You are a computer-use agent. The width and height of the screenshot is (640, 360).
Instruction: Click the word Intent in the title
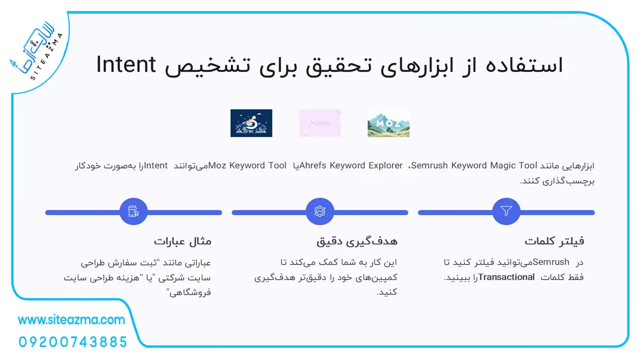click(x=126, y=65)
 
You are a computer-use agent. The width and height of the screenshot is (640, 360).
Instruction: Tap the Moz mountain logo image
click(x=388, y=123)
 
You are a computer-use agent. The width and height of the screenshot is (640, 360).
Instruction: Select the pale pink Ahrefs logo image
click(x=319, y=123)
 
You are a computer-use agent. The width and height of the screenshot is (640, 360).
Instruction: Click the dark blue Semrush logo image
click(x=251, y=123)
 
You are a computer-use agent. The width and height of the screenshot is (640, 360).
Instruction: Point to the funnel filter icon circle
click(x=506, y=211)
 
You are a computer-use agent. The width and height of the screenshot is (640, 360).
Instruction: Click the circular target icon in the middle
click(x=319, y=211)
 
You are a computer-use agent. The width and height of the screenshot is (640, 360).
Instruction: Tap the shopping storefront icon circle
click(x=133, y=211)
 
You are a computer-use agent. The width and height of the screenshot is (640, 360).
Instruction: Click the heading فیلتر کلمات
click(x=554, y=241)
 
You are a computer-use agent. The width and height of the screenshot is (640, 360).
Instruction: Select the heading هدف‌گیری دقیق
click(x=357, y=241)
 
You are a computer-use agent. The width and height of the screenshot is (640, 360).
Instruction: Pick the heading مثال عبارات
click(x=182, y=241)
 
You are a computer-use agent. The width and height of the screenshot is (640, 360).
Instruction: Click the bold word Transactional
click(x=506, y=277)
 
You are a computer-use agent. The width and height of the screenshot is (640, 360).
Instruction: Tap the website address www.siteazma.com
click(x=71, y=320)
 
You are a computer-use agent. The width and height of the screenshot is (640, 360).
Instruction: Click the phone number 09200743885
click(x=73, y=342)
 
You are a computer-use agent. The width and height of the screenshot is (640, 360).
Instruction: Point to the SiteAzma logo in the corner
click(x=36, y=50)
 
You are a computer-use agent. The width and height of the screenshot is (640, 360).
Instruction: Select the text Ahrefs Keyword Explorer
click(x=351, y=165)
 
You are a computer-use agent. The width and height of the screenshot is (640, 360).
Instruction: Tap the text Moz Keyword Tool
click(x=247, y=165)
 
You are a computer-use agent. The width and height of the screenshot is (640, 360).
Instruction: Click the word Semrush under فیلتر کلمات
click(x=551, y=262)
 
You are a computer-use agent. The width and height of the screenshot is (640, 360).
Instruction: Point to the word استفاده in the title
click(x=524, y=65)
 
